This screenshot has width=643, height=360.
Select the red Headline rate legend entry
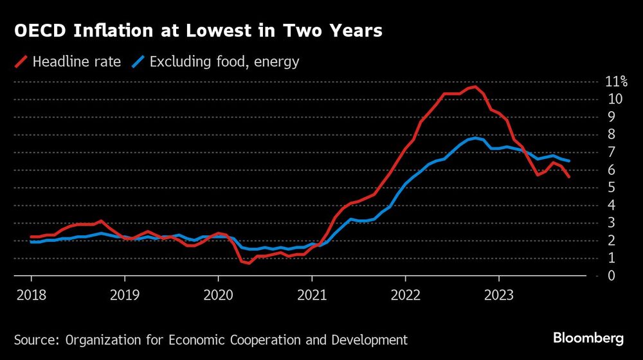click(x=68, y=62)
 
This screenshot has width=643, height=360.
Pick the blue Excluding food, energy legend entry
click(x=216, y=62)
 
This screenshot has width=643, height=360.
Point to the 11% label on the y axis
click(x=616, y=82)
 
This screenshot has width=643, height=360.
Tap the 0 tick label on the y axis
click(x=610, y=276)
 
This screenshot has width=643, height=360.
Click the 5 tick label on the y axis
click(x=610, y=188)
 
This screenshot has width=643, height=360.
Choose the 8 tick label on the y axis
click(x=610, y=134)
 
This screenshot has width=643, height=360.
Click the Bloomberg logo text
click(x=588, y=338)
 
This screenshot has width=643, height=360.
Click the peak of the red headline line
click(x=475, y=86)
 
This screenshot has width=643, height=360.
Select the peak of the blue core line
click(x=475, y=138)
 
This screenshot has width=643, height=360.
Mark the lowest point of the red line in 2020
click(x=249, y=263)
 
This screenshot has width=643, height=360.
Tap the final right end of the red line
click(x=568, y=177)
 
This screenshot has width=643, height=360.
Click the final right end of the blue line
click(x=568, y=161)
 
